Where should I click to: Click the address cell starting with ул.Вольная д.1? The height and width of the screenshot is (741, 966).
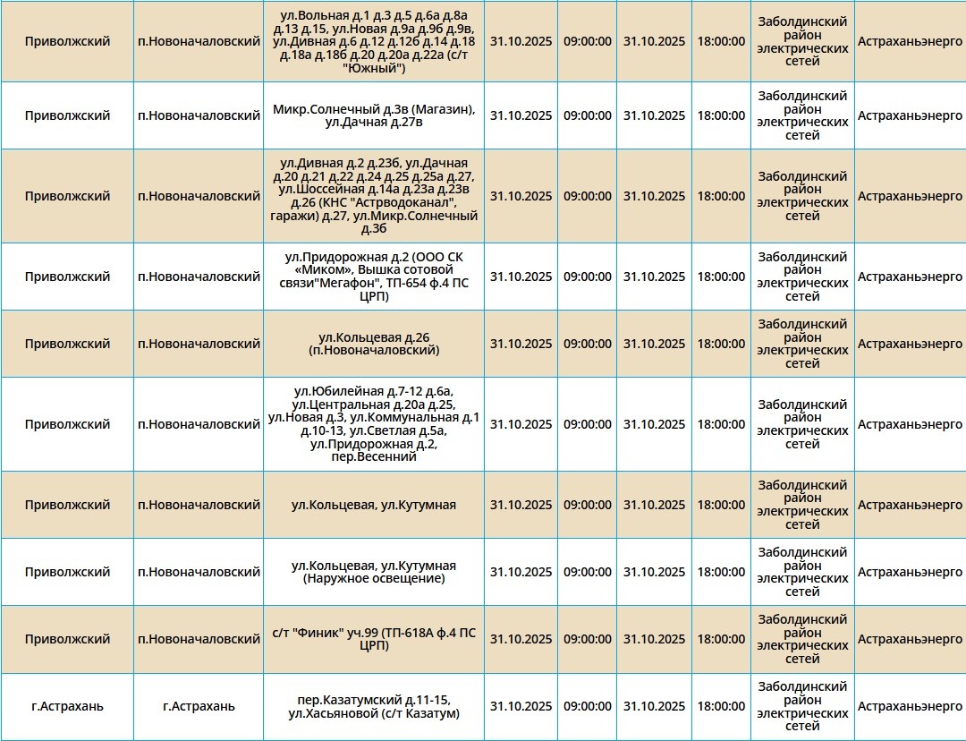click(374, 41)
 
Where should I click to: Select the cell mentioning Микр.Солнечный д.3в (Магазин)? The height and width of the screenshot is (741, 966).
click(374, 115)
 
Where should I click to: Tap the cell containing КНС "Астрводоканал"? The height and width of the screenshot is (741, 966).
click(374, 196)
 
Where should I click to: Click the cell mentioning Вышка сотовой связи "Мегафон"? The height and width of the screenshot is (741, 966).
click(374, 277)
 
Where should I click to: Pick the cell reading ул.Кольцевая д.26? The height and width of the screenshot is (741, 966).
click(374, 344)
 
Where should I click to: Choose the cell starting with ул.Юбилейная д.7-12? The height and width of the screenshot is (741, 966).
click(374, 424)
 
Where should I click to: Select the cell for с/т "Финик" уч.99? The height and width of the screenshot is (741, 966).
click(374, 639)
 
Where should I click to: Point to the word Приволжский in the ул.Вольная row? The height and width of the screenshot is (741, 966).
click(67, 41)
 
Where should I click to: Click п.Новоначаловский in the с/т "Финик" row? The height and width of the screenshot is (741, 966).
click(199, 639)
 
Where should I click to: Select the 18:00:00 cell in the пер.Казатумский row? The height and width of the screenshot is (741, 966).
click(721, 706)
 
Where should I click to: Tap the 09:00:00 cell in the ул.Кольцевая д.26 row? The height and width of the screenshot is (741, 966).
click(588, 344)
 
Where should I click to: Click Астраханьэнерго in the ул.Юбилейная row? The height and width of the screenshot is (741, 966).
click(910, 424)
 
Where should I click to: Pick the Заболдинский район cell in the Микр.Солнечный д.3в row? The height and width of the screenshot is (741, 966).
click(802, 115)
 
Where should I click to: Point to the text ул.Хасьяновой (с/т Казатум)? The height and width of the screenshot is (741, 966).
click(374, 713)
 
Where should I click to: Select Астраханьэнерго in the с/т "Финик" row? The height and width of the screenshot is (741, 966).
click(910, 639)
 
